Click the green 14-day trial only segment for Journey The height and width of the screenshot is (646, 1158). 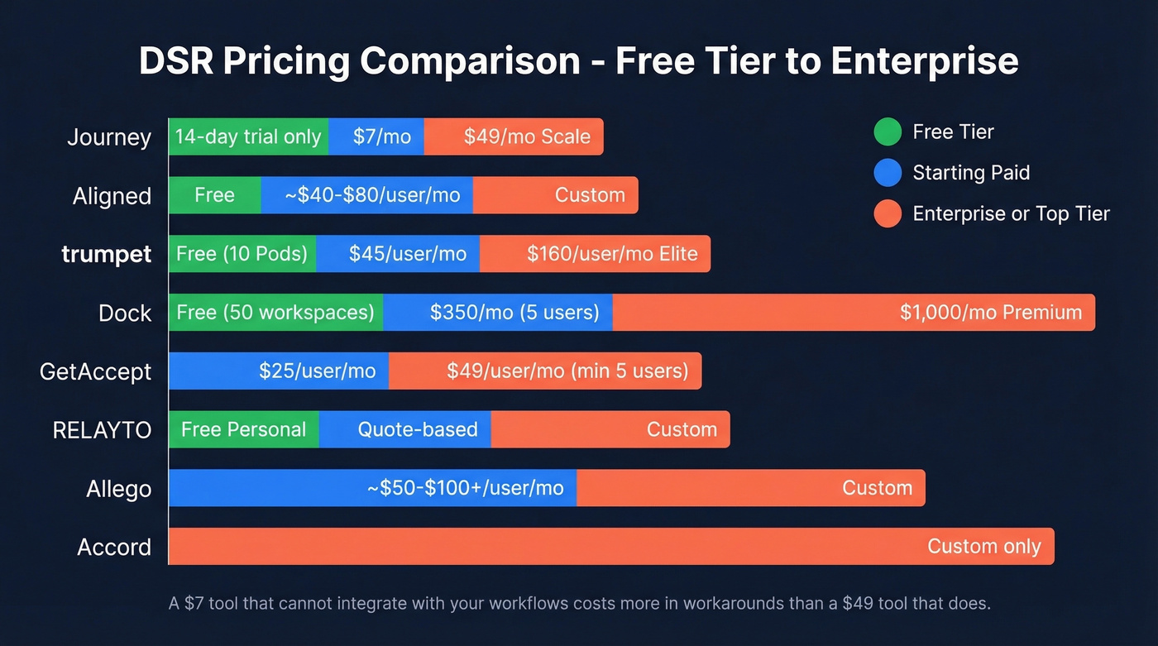click(248, 136)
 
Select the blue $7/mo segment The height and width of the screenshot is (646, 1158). click(377, 136)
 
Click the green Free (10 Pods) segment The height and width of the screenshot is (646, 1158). click(242, 254)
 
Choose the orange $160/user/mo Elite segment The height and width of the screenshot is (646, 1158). click(595, 254)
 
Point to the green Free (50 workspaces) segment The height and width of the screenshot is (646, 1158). click(275, 313)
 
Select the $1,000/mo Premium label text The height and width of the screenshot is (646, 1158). click(991, 313)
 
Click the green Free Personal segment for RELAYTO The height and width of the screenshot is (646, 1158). click(243, 429)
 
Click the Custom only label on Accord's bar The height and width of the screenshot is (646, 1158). click(983, 546)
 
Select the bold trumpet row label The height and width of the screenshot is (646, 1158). click(107, 254)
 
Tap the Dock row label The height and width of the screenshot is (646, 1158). click(125, 313)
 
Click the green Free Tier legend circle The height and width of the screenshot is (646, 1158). click(888, 132)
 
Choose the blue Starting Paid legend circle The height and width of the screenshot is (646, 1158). click(888, 173)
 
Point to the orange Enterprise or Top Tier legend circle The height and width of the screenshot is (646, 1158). click(888, 214)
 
